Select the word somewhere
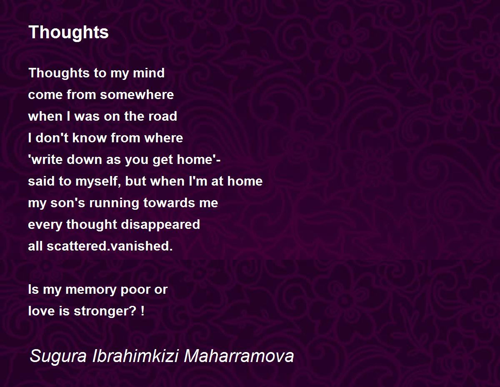[x=137, y=95]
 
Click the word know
[x=90, y=138]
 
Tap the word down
[x=84, y=159]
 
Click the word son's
[x=67, y=203]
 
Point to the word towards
[x=169, y=203]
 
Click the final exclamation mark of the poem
[x=142, y=311]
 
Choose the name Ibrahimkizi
[x=135, y=356]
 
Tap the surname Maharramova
[x=239, y=356]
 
